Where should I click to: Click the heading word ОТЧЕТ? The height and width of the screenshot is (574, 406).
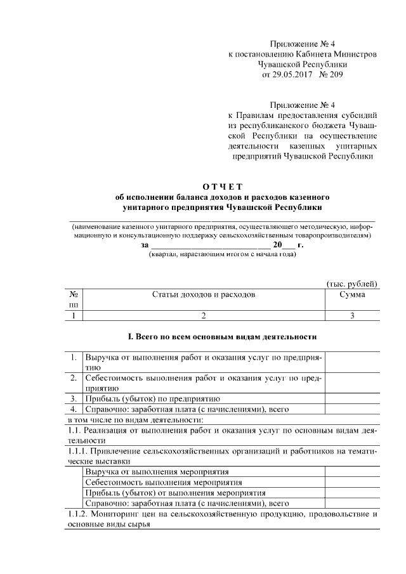(222, 186)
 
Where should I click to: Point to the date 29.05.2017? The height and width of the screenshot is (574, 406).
(292, 74)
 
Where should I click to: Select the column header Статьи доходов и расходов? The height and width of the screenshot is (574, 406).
(204, 295)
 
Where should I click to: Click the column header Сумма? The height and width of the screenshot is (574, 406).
(351, 295)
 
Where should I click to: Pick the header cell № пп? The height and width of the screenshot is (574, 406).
(74, 299)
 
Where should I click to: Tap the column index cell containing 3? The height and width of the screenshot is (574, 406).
(351, 315)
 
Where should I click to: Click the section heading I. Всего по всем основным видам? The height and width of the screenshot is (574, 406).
(222, 336)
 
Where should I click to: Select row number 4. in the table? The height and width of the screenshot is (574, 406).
(74, 409)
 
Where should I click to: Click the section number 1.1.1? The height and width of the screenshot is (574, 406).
(79, 450)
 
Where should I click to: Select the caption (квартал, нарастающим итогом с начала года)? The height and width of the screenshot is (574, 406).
(222, 254)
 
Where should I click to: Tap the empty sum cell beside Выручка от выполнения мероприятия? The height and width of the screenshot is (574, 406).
(351, 471)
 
